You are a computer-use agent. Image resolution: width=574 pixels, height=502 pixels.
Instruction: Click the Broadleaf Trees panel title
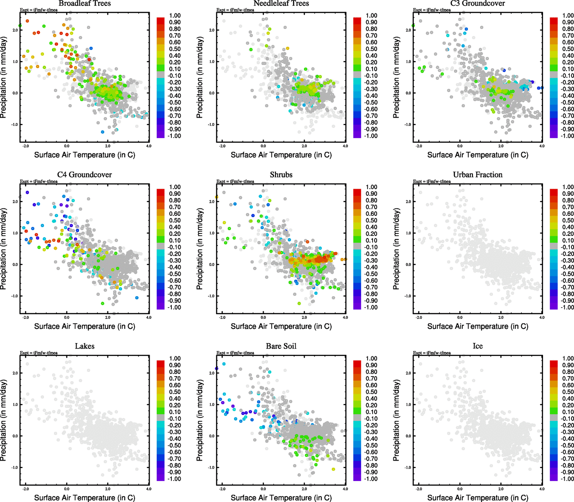click(84, 3)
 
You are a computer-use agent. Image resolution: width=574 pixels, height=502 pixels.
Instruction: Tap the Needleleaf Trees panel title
click(281, 3)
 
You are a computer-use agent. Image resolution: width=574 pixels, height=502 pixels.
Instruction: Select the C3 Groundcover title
click(477, 3)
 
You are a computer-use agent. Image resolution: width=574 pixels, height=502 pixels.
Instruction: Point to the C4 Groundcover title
click(84, 174)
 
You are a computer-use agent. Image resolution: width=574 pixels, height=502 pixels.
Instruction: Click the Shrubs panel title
click(281, 174)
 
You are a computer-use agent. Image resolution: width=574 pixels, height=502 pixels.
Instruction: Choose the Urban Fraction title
click(477, 174)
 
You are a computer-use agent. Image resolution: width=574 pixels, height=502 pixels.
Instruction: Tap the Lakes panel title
click(84, 346)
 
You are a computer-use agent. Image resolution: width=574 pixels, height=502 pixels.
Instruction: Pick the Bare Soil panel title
click(281, 346)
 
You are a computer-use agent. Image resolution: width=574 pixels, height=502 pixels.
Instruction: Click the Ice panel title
click(477, 346)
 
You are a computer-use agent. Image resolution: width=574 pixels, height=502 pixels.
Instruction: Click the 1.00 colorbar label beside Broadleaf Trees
click(175, 15)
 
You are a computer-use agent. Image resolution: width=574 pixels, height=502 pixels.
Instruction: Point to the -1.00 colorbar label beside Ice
click(567, 479)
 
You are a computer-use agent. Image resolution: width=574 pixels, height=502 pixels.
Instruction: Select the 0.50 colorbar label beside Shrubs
click(371, 220)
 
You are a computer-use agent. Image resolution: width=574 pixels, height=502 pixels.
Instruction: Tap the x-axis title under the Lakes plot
click(84, 497)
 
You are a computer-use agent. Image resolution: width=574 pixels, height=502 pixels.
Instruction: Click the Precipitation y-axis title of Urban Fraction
click(396, 249)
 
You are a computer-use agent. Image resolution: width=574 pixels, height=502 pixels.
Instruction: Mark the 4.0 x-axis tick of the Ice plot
click(542, 489)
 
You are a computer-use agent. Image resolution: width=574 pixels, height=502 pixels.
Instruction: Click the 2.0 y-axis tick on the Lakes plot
click(15, 373)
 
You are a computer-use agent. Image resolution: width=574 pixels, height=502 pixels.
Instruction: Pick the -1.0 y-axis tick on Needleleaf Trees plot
click(212, 125)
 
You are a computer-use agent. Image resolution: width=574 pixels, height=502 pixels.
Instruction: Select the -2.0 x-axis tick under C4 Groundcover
click(25, 317)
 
